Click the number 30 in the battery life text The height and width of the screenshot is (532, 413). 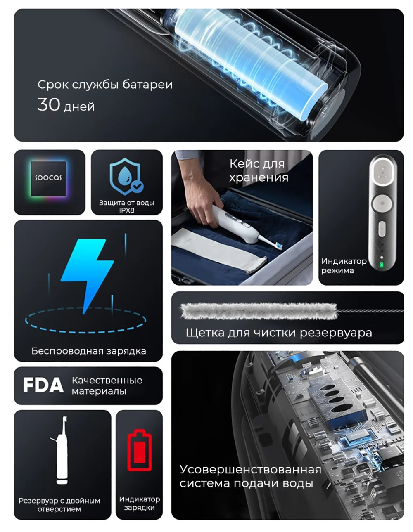48,104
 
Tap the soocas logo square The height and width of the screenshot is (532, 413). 48,178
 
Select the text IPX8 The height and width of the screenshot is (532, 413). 127,210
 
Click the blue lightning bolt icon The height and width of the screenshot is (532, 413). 87,275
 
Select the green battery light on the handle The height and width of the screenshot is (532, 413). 381,265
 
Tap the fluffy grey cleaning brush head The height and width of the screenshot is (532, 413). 259,311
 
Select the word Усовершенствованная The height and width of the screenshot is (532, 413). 250,470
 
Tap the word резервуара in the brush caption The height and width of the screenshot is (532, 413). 336,333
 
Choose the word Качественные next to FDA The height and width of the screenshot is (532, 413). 107,381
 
